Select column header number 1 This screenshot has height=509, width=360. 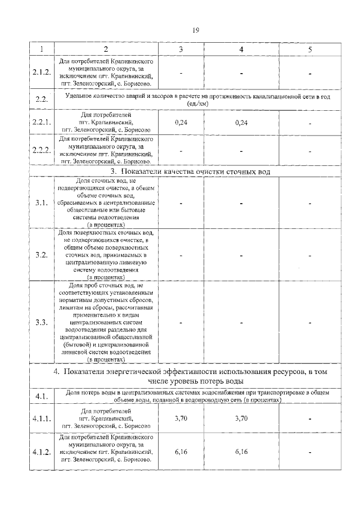coord(40,49)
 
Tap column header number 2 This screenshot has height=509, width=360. coord(106,49)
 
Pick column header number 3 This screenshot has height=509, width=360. coord(181,49)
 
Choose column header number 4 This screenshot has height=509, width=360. coord(241,49)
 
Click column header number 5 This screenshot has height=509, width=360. coord(309,49)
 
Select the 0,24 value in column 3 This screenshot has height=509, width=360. coord(181,123)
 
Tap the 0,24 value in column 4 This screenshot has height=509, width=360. coord(241,123)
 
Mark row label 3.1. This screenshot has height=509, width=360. coord(40,203)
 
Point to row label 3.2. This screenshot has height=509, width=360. coord(40,255)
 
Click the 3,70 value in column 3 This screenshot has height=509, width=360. coord(181,418)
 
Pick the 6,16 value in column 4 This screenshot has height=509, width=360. coord(241,451)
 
